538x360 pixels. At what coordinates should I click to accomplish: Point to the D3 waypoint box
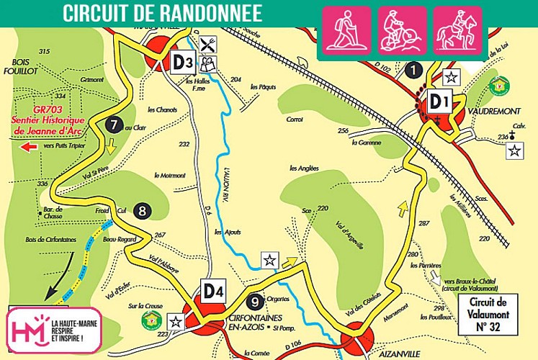[x=182, y=63]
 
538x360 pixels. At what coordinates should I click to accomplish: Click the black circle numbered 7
[x=112, y=124]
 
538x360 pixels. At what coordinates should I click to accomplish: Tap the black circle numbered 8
[x=142, y=210]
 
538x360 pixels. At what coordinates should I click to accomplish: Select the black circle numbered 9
[x=253, y=302]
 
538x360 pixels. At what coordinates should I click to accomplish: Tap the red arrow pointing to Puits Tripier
[x=29, y=147]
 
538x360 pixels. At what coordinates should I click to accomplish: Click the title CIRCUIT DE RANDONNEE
[x=162, y=13]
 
